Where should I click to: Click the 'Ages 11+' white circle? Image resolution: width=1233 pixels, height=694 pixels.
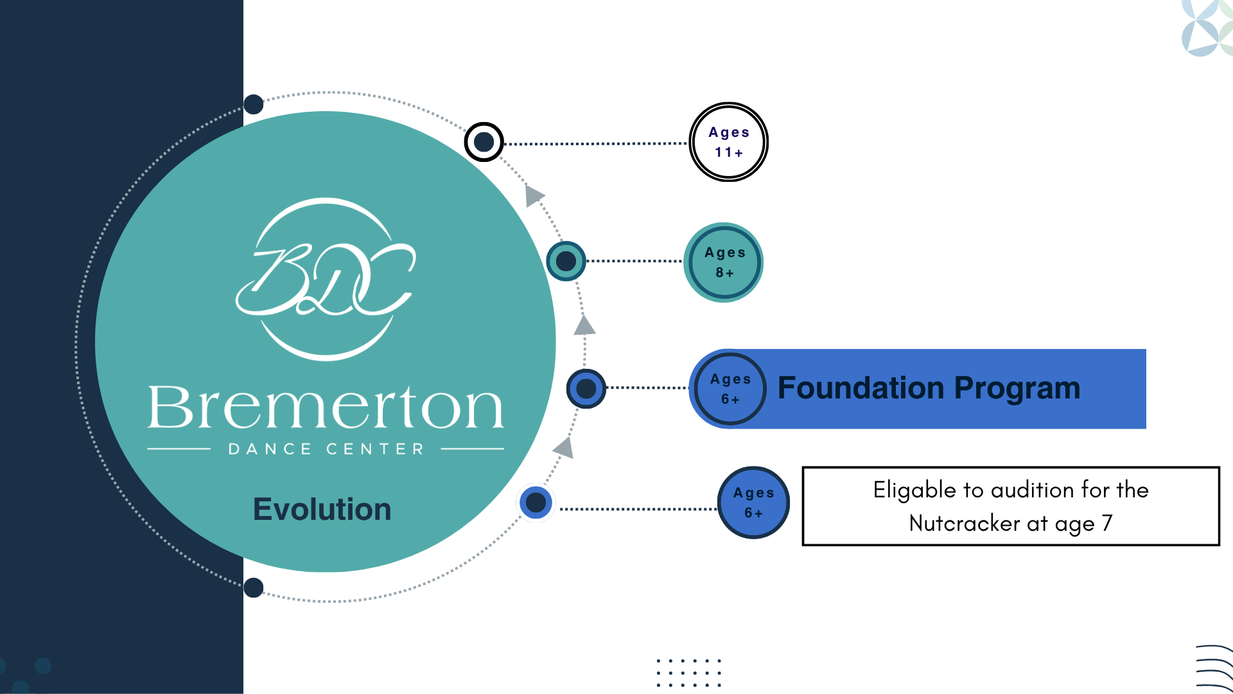(x=728, y=142)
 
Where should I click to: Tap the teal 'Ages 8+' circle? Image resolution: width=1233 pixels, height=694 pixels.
(x=724, y=262)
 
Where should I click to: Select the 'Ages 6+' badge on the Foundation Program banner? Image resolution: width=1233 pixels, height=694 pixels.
(x=730, y=389)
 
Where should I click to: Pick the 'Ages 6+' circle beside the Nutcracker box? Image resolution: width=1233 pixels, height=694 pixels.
(x=753, y=503)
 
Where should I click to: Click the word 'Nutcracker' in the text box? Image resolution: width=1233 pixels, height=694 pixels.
(x=964, y=523)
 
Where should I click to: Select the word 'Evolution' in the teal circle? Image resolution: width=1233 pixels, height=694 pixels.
(x=322, y=509)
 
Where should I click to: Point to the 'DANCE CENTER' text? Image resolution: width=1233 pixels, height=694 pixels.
(x=326, y=449)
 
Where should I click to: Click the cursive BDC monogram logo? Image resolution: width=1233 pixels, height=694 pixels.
(x=326, y=280)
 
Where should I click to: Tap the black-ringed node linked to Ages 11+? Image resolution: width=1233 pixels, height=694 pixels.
(x=484, y=142)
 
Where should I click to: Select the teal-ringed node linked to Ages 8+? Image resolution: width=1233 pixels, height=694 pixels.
(x=566, y=261)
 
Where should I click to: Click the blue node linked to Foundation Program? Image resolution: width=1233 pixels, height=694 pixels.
(x=586, y=388)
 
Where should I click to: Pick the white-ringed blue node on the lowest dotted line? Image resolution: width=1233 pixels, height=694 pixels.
(x=536, y=503)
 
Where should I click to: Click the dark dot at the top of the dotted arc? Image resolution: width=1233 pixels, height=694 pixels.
(x=254, y=104)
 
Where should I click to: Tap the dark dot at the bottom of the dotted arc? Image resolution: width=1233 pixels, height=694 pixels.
(x=254, y=587)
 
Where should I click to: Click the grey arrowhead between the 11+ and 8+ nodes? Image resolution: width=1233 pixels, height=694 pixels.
(x=534, y=195)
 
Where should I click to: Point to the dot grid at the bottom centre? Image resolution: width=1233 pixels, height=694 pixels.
(x=689, y=673)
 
